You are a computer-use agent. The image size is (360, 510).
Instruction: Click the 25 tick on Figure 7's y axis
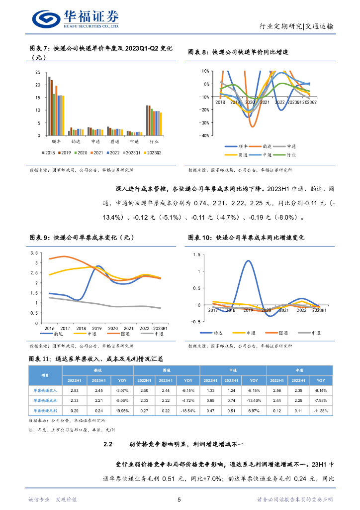tap(38, 72)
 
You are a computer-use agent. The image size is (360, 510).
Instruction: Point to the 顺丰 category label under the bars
tap(56, 141)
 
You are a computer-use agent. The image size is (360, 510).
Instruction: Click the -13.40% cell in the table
tap(251, 400)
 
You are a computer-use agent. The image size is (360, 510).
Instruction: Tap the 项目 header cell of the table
tap(45, 376)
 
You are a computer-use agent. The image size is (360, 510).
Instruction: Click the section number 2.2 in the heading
tap(109, 444)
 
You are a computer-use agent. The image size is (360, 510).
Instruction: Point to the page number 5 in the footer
tap(180, 500)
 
